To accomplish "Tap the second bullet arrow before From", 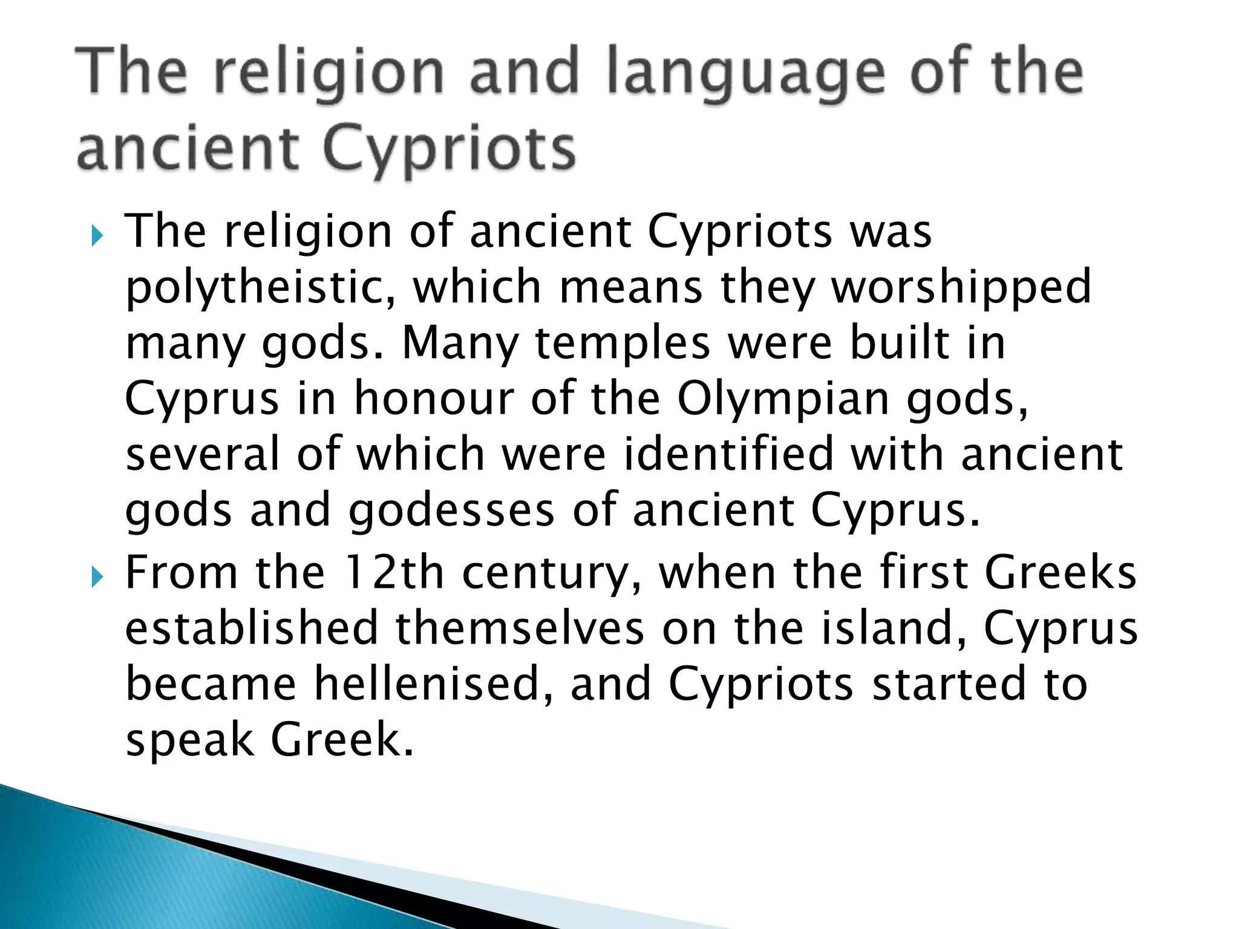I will (97, 578).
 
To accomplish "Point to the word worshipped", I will (962, 288).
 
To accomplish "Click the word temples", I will (623, 344).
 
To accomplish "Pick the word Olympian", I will (783, 399).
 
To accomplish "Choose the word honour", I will (433, 399).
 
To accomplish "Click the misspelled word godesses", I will (451, 510).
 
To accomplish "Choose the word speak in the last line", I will (189, 740).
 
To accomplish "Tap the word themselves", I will (520, 628).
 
